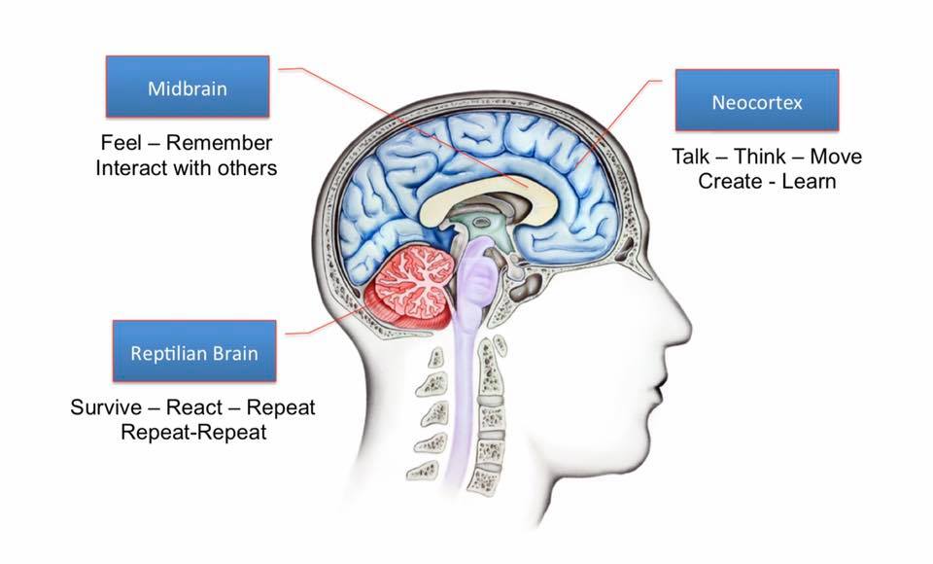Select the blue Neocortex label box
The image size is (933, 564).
pyautogui.click(x=757, y=101)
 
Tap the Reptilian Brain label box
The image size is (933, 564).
pyautogui.click(x=194, y=351)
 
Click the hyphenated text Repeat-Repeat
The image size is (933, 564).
pyautogui.click(x=193, y=431)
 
